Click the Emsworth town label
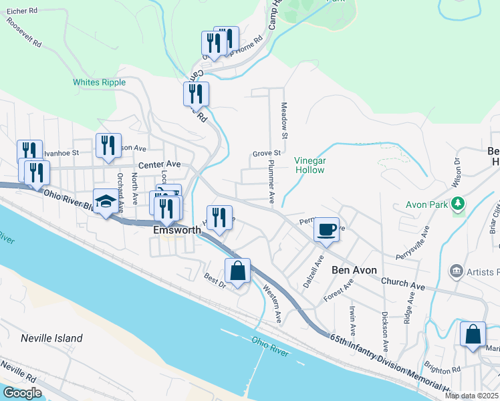(x=178, y=229)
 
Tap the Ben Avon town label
(x=354, y=270)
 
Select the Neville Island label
(x=51, y=338)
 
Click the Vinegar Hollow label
(x=309, y=165)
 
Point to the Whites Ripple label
(x=95, y=82)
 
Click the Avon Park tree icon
(x=458, y=203)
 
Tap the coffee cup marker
(x=326, y=230)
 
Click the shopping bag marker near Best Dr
(x=237, y=271)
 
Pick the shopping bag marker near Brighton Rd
(x=473, y=334)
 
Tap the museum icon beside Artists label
(x=457, y=271)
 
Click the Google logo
(x=22, y=393)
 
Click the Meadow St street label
(x=284, y=121)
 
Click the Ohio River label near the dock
(x=270, y=347)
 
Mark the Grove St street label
(x=266, y=154)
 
